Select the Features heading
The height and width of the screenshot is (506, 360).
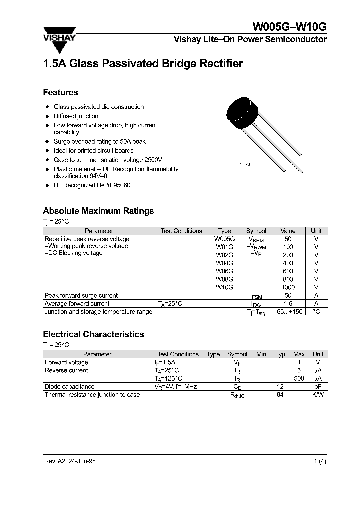point(60,92)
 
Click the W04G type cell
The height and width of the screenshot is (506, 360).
point(224,263)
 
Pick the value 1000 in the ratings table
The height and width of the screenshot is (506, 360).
point(288,287)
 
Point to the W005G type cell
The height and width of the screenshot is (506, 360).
point(225,239)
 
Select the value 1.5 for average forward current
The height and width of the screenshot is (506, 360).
point(288,303)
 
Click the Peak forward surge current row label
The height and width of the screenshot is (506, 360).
point(81,295)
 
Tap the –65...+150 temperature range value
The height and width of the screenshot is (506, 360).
point(288,312)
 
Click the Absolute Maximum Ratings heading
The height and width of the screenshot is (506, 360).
point(98,211)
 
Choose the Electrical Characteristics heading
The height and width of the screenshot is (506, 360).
point(93,334)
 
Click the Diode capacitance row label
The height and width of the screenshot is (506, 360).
point(69,386)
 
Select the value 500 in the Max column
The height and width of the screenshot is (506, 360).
point(299,378)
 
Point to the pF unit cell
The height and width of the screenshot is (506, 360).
point(317,386)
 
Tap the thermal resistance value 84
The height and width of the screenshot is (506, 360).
point(280,395)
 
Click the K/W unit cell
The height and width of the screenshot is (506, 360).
point(317,395)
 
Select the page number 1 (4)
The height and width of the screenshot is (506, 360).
point(320,461)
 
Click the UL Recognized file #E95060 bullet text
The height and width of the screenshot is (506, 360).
point(92,185)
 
